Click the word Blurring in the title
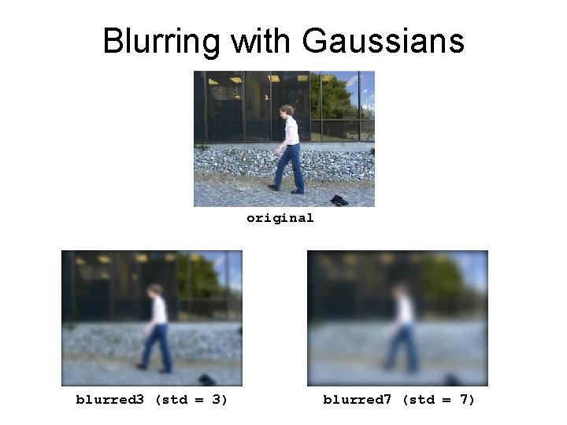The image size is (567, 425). click(x=162, y=41)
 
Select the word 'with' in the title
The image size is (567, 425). click(x=259, y=41)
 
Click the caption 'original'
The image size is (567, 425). click(x=280, y=218)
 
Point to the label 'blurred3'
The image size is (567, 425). click(x=109, y=400)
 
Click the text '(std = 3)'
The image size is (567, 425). click(x=191, y=400)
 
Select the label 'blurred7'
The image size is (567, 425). click(x=357, y=400)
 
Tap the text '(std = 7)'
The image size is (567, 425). click(x=439, y=400)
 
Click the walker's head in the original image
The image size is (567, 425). click(x=287, y=111)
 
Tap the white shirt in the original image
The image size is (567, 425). click(x=291, y=131)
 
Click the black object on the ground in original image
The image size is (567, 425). click(x=339, y=200)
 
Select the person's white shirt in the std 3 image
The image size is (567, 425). click(x=159, y=310)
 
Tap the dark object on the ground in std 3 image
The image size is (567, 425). click(x=206, y=379)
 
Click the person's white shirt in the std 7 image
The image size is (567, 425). click(x=405, y=310)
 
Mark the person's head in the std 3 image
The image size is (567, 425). click(x=155, y=290)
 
